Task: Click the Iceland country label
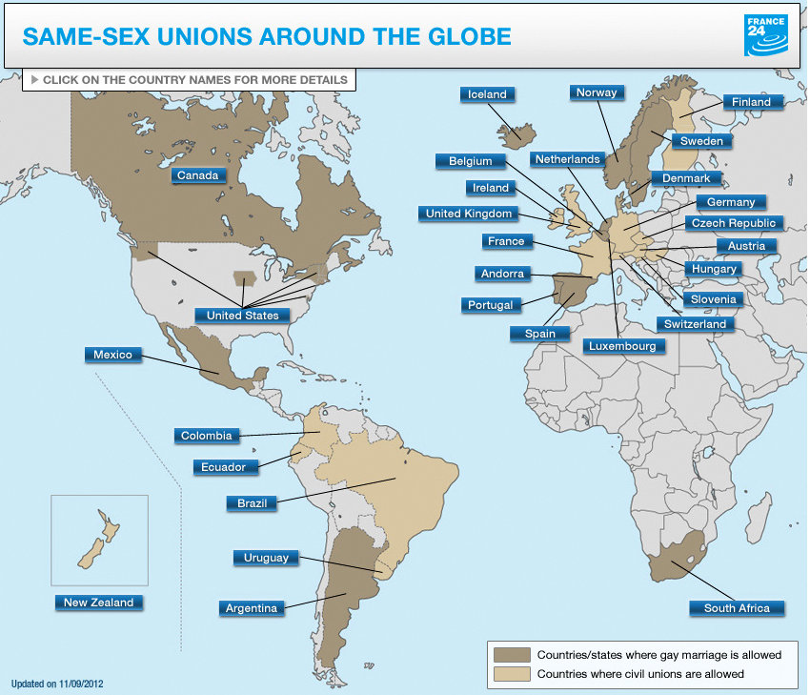488,94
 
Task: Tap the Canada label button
198,174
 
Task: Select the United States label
243,315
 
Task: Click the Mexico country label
112,355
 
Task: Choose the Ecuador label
224,467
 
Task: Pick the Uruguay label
266,558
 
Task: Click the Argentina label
252,608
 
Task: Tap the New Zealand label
99,603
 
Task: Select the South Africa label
737,608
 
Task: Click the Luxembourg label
623,346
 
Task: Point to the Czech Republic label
734,223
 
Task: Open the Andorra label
502,274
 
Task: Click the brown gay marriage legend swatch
512,655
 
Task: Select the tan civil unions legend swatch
512,674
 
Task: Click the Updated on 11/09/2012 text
57,684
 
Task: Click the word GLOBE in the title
464,37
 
